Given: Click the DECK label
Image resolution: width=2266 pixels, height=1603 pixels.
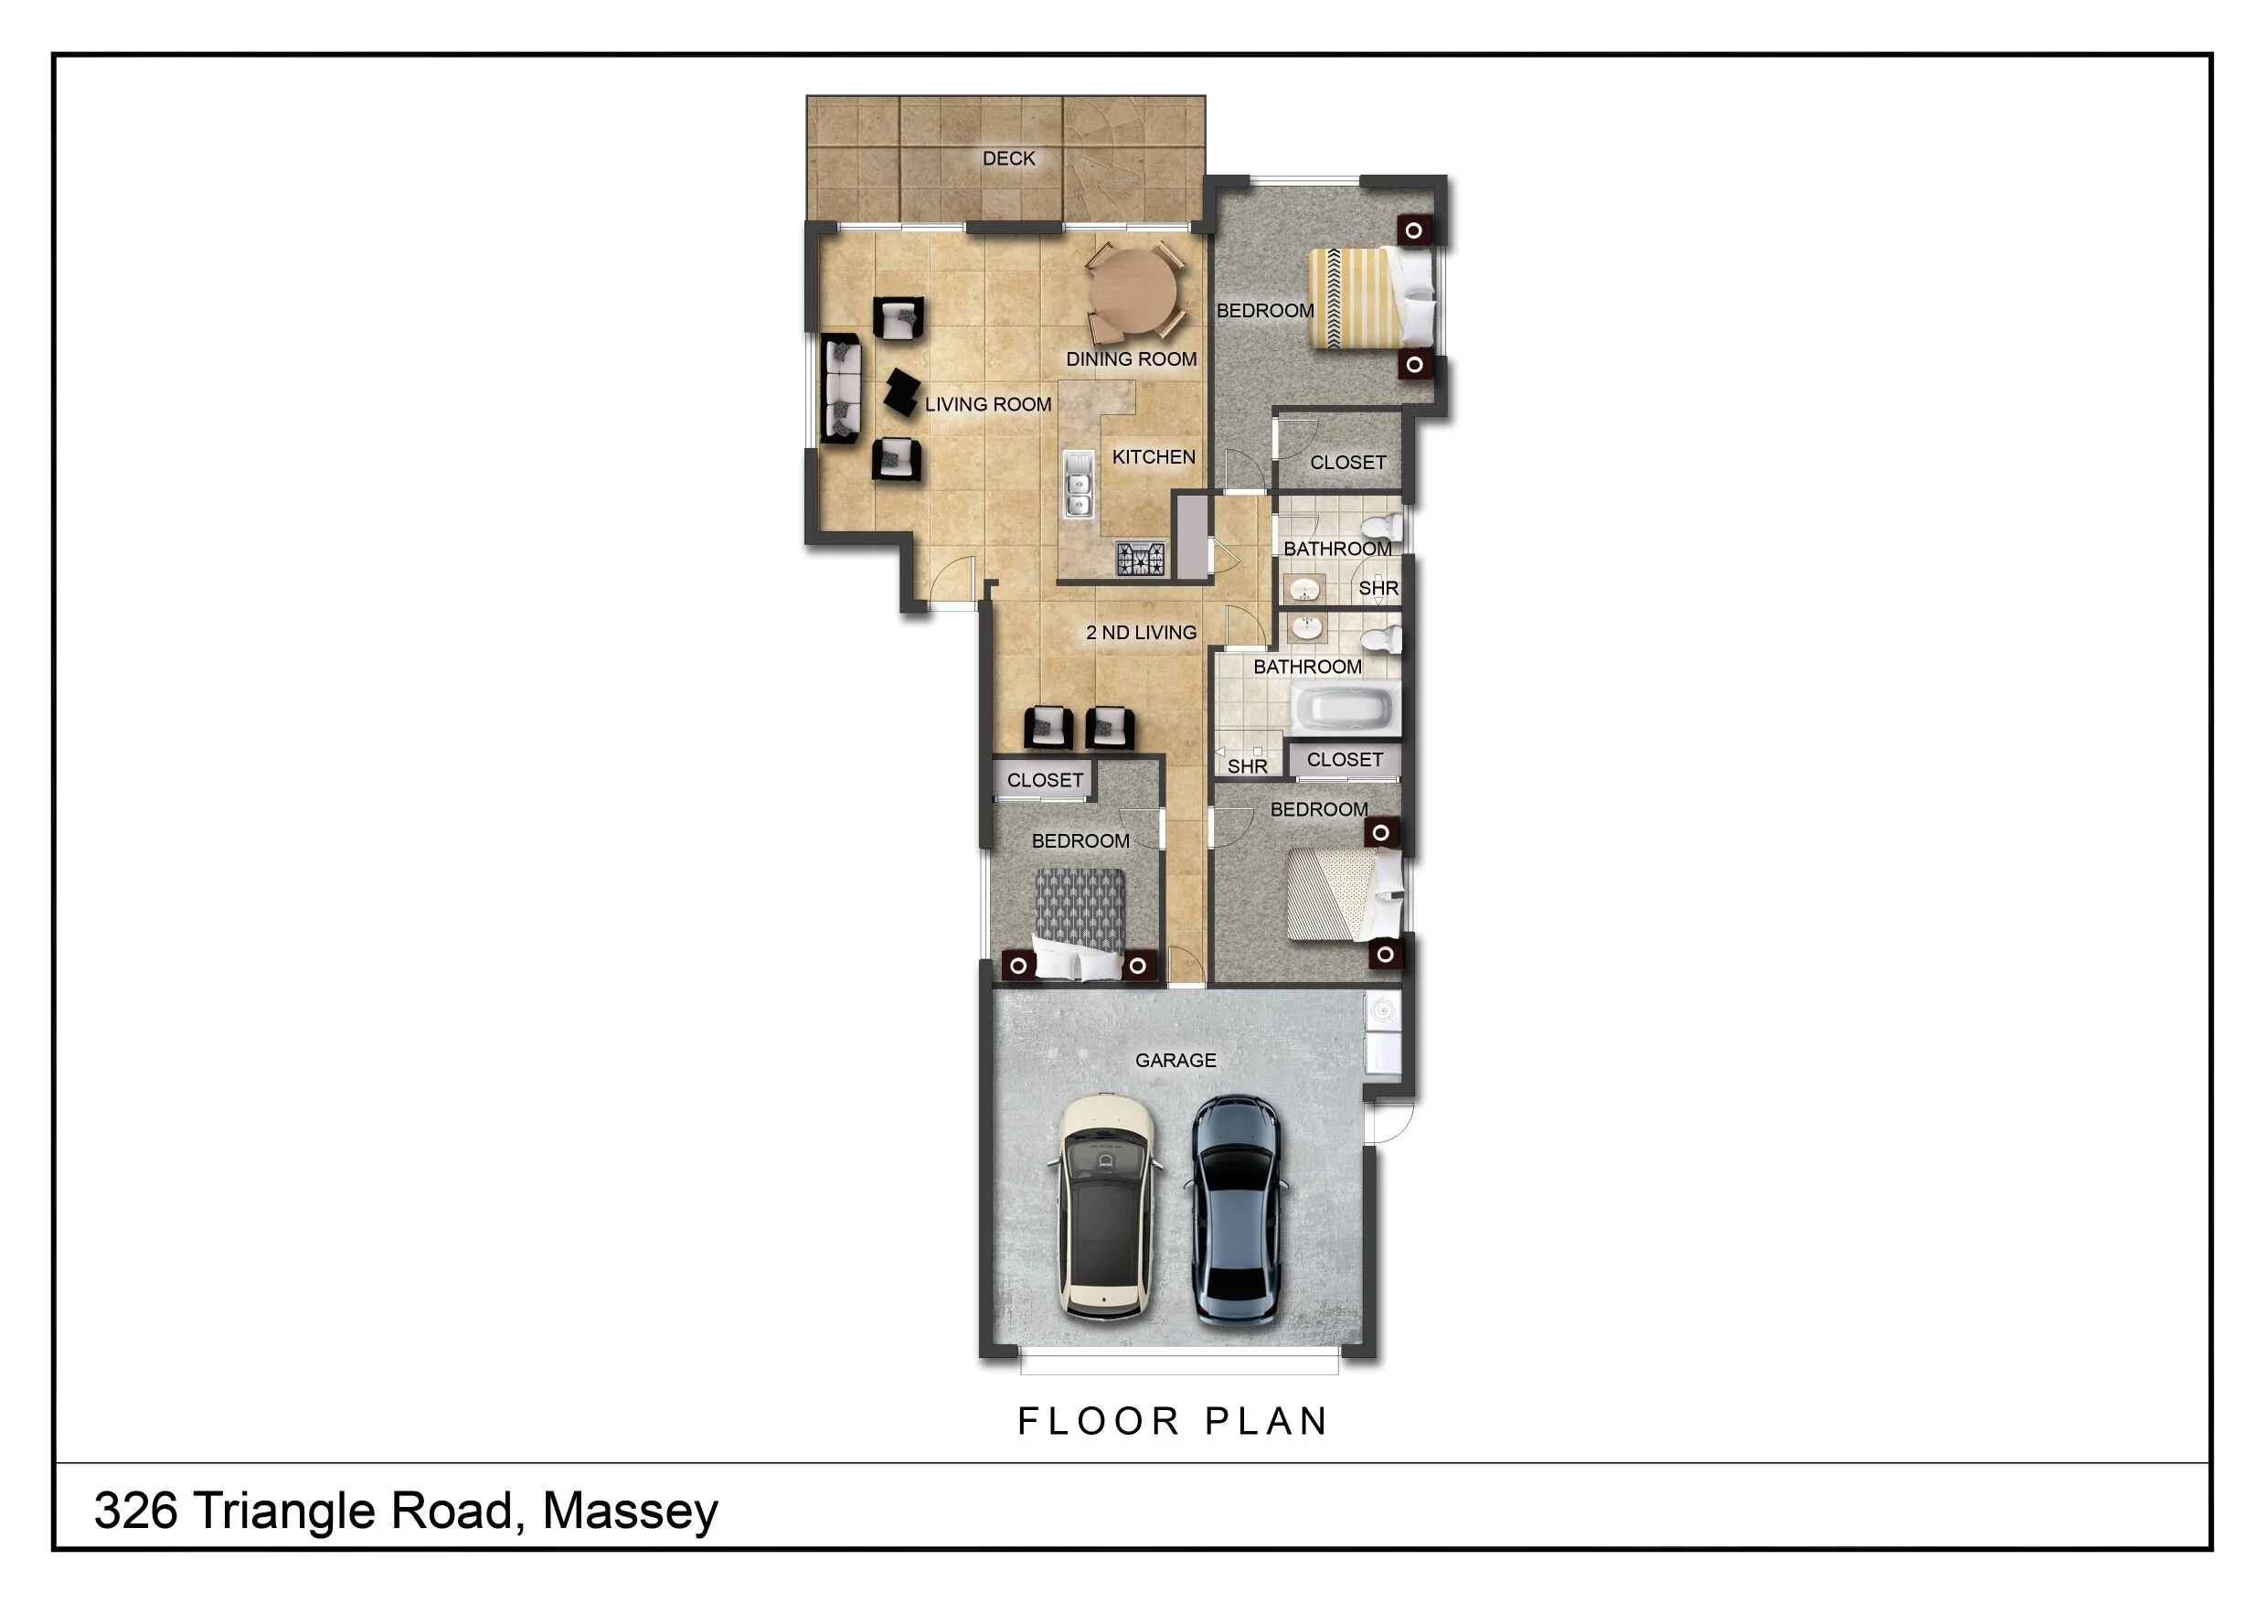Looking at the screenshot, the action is point(1008,158).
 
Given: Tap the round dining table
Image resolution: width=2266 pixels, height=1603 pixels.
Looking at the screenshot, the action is point(1133,294).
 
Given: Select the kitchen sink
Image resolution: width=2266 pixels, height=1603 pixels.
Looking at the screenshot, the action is point(1079,485).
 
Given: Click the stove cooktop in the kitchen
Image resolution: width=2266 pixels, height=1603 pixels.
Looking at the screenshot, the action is point(1141,559).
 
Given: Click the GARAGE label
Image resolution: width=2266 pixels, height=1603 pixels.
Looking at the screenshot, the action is point(1176,1060).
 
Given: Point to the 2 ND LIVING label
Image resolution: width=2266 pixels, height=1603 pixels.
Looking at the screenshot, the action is point(1141,633).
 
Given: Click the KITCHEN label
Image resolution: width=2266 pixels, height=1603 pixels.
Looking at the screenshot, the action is point(1154,457).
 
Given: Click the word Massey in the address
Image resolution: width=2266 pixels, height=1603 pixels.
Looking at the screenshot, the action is point(630,1512).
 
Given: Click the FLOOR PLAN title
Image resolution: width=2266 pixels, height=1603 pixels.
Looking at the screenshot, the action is point(1174,1421).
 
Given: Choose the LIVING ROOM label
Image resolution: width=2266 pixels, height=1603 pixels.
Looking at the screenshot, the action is point(988,405).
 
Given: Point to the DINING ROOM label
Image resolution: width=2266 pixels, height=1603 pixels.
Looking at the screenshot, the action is point(1131,359).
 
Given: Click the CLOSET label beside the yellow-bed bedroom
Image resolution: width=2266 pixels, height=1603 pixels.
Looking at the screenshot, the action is point(1348,462).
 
